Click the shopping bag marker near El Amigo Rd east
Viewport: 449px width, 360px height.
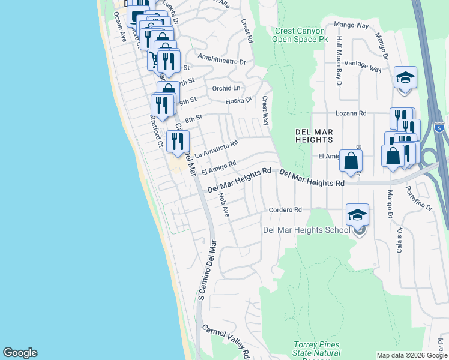(x=351, y=161)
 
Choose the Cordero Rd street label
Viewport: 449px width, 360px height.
(x=285, y=210)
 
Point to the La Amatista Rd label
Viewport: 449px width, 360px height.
(x=217, y=148)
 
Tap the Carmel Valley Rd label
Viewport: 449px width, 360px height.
(x=226, y=338)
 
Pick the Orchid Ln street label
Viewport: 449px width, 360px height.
(x=226, y=88)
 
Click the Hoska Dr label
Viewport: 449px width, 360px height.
(x=239, y=100)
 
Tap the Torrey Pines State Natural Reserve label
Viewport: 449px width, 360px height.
(x=316, y=349)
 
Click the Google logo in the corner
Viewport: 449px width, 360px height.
(x=20, y=353)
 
